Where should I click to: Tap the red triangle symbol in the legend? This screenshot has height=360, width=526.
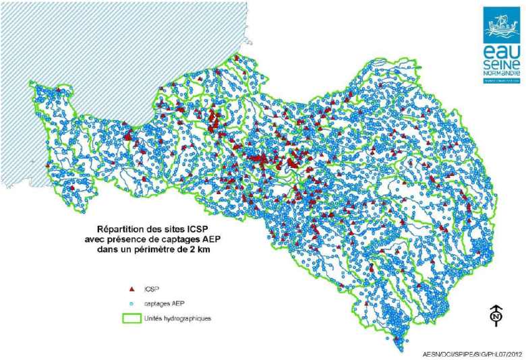[131, 288]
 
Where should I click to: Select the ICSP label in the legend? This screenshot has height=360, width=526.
[152, 288]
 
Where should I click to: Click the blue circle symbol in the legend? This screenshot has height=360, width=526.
[131, 303]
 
